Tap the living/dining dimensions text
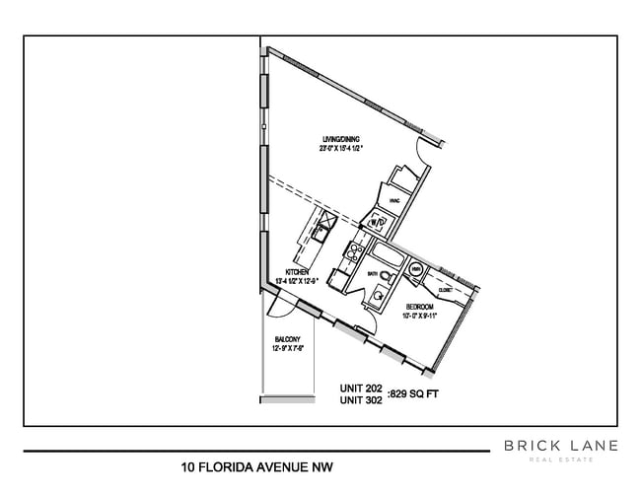pos(343,149)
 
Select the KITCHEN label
pos(299,271)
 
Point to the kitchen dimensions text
pos(301,281)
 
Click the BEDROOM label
pos(420,307)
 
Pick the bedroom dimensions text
pos(421,317)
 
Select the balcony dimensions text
pos(289,348)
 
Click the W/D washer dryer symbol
pos(378,223)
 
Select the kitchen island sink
pos(321,233)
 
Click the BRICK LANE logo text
pos(560,446)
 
